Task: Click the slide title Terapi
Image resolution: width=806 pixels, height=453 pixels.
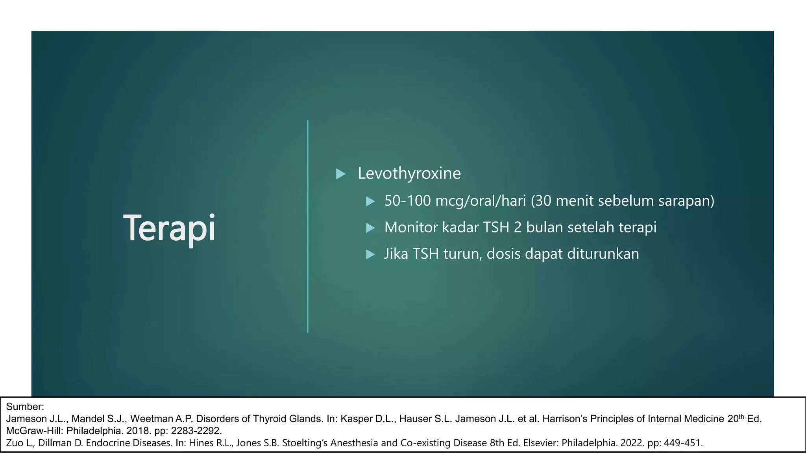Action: coord(169,228)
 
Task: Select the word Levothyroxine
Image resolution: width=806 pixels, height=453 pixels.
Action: coord(409,173)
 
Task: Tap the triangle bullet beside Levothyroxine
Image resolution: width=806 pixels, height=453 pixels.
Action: coord(340,174)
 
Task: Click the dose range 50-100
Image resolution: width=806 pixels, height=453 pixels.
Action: coord(407,201)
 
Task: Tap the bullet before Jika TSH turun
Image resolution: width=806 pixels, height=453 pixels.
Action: coord(370,254)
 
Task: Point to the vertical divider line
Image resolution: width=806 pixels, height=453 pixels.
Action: coord(308,226)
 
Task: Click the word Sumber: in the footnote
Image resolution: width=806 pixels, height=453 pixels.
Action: coord(25,407)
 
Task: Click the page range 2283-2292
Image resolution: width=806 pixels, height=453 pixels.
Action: coord(196,431)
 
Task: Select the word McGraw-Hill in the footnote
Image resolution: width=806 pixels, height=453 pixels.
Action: coord(34,431)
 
